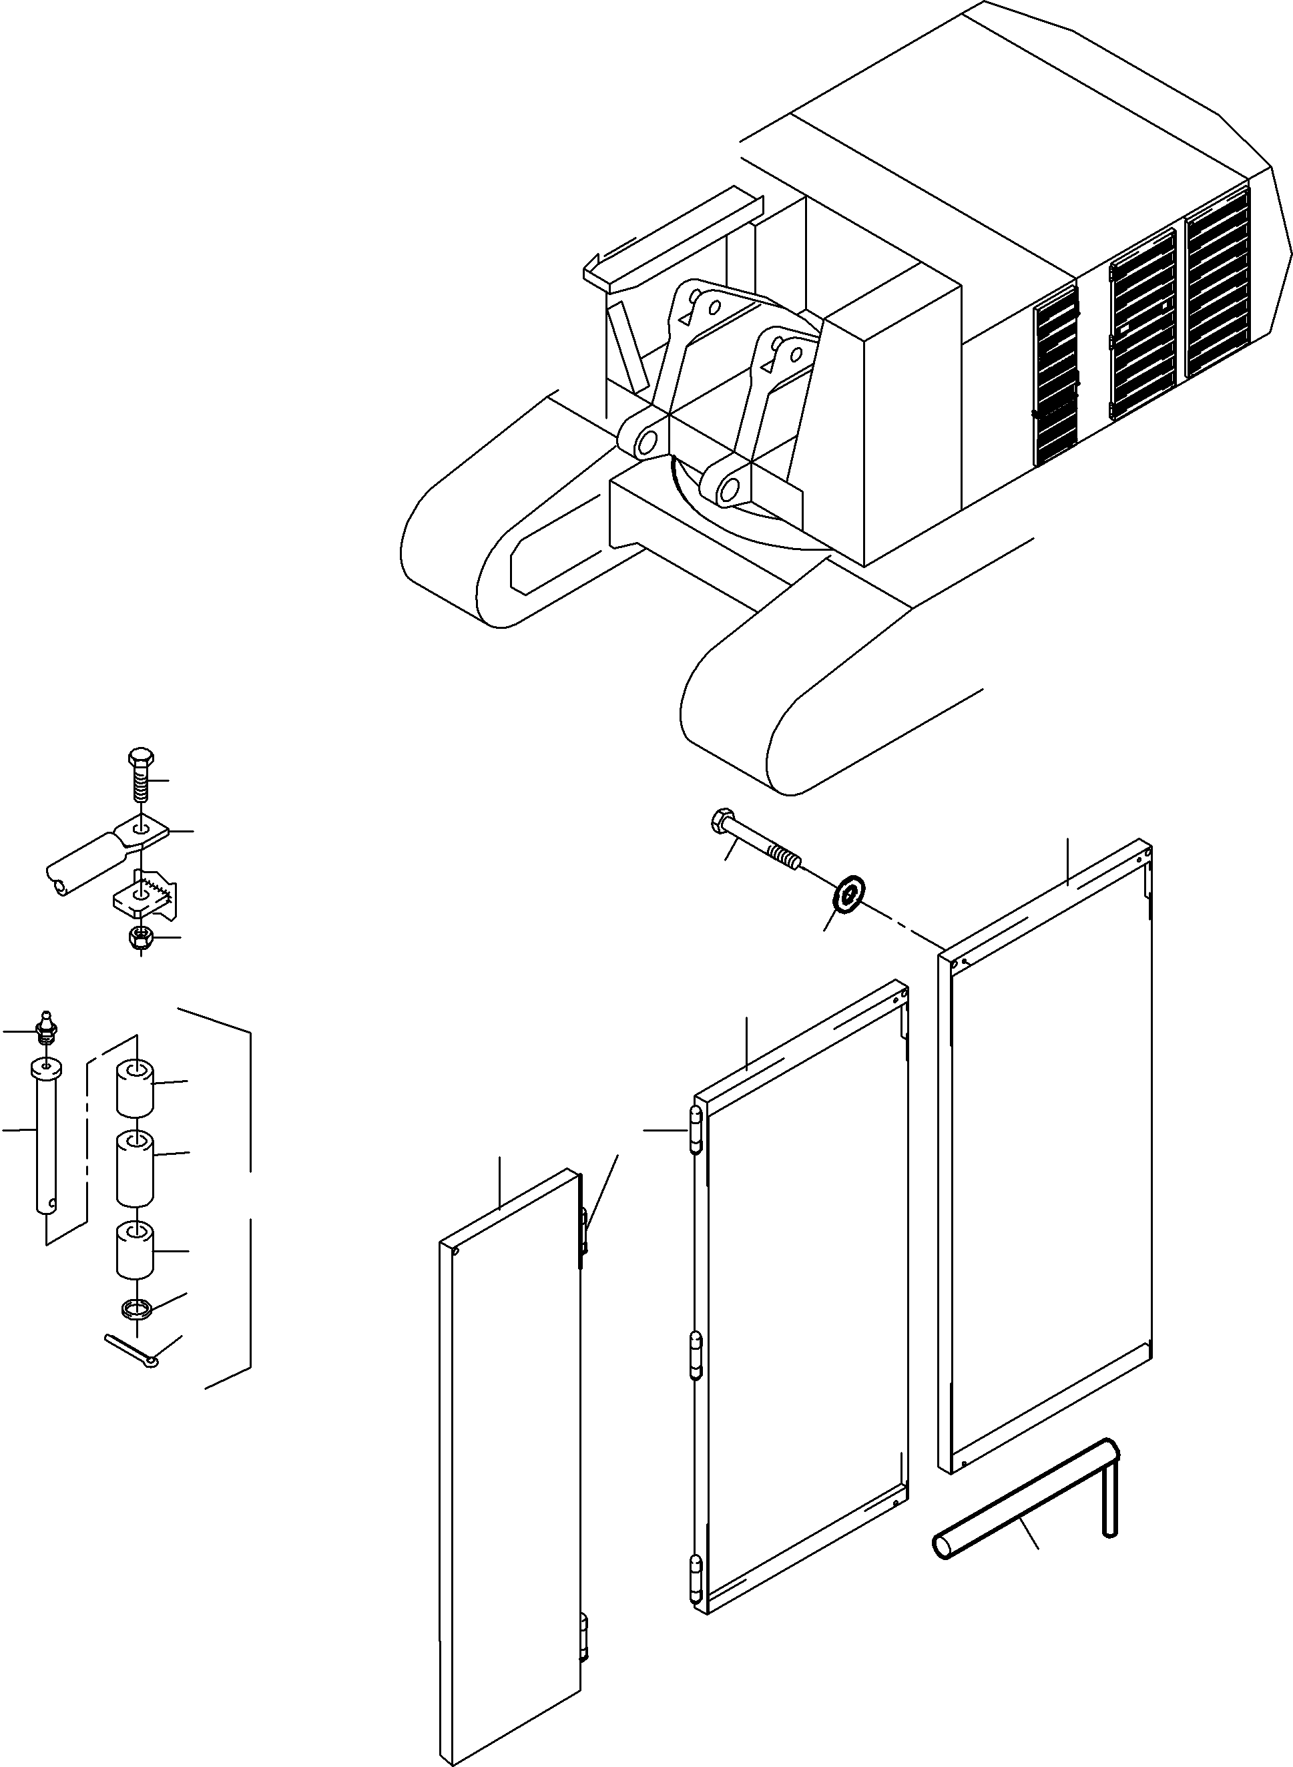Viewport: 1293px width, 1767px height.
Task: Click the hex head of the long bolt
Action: [x=722, y=822]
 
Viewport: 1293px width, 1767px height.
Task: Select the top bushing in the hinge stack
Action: [x=135, y=1087]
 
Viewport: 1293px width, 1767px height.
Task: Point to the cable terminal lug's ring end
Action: [x=142, y=831]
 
